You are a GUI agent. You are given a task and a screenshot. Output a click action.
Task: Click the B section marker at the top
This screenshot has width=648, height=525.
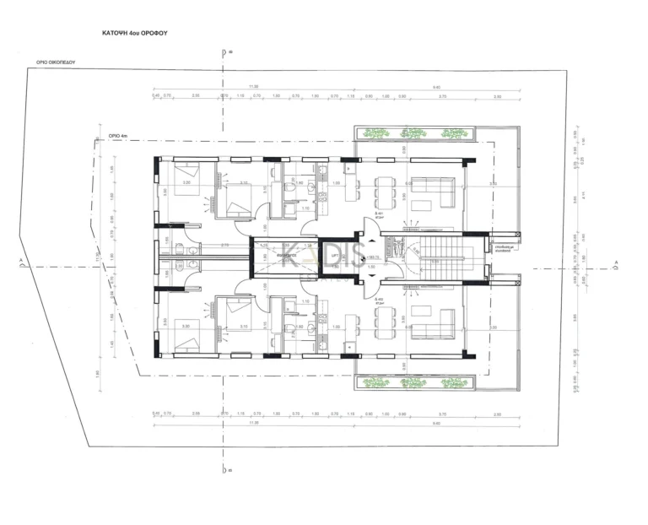(225, 52)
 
